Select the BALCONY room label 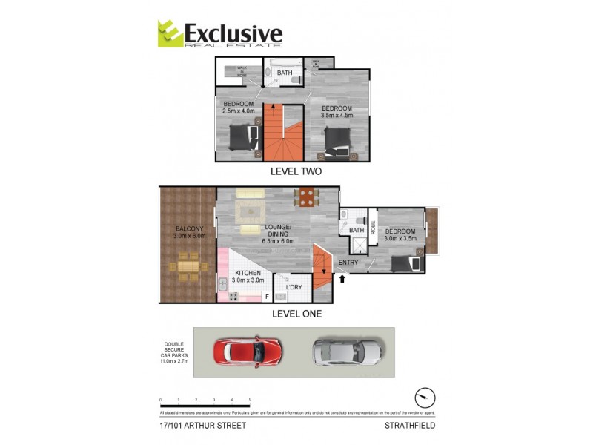pos(185,228)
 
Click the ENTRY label pos(348,263)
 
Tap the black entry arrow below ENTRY pos(342,280)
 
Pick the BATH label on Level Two pos(285,73)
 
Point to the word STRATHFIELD pos(409,426)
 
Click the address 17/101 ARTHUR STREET pos(202,426)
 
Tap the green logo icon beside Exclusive pos(169,34)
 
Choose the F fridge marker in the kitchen pos(267,297)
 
